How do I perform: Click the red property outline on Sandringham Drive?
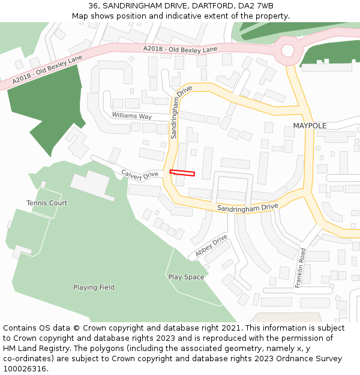click(182, 173)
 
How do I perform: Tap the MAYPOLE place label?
click(310, 126)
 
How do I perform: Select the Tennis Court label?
click(47, 203)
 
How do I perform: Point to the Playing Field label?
click(94, 287)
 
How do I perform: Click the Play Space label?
click(186, 277)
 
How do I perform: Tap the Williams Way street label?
click(131, 116)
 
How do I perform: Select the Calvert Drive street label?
click(139, 174)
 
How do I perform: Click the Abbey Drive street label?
click(211, 246)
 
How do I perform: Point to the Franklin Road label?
click(301, 268)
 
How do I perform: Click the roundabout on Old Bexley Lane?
click(288, 50)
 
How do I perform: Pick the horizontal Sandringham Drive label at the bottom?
click(248, 208)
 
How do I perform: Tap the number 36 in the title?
click(93, 5)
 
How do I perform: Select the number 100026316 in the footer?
click(25, 368)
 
